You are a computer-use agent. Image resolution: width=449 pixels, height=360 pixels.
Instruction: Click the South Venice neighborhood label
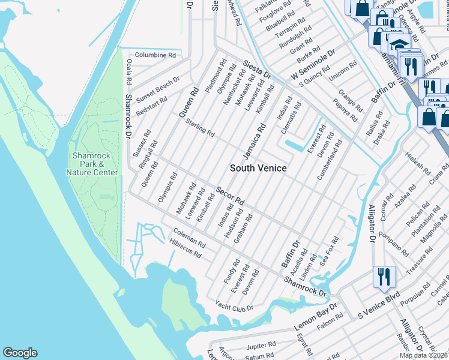point(259,168)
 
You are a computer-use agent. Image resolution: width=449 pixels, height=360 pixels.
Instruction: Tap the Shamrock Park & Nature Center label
point(91,164)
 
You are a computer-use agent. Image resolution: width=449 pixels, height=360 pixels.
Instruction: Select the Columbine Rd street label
point(155,55)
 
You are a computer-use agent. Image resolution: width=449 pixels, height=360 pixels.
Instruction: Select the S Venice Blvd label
point(379,305)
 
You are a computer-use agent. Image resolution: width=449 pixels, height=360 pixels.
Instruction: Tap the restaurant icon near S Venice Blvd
point(382,277)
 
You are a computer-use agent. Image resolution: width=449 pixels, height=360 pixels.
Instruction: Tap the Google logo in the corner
point(20,353)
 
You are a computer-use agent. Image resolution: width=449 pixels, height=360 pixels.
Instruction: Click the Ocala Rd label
point(128,73)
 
